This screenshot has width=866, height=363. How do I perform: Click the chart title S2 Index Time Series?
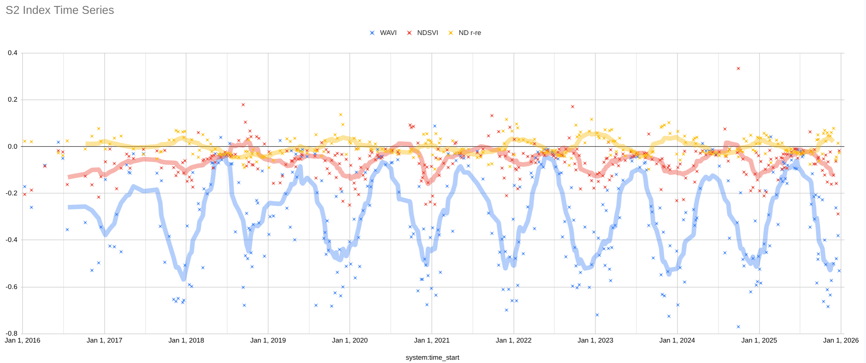pos(60,10)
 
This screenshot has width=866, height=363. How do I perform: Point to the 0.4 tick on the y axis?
pos(13,53)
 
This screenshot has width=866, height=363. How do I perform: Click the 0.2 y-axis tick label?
pos(13,100)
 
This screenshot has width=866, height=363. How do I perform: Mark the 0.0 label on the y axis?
pos(13,147)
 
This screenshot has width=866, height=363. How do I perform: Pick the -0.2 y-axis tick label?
pos(12,193)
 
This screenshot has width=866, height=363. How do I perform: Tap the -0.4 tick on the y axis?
pos(12,240)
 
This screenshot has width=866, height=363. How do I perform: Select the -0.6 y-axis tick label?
pos(12,287)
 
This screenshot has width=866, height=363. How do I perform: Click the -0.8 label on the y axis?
pos(12,333)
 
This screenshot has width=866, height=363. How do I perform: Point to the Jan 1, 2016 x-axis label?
pos(23,340)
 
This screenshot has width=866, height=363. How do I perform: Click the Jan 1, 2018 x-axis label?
pos(186,340)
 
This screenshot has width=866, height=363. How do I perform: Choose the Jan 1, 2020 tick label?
pos(350,340)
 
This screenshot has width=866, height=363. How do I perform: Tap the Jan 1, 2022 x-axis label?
pos(513,340)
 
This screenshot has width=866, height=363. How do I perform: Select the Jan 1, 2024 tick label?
pos(677,340)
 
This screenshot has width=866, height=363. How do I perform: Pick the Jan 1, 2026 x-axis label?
pos(841,340)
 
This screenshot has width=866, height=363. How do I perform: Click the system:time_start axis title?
pos(432,358)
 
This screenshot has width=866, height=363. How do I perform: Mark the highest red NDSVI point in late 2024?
pos(738,69)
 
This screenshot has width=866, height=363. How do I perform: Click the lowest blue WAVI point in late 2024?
pos(738,327)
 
